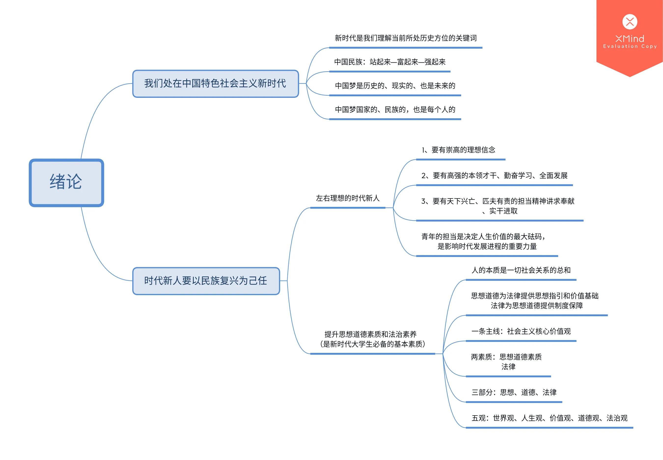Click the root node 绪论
pyautogui.click(x=66, y=182)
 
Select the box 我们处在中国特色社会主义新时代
pyautogui.click(x=215, y=84)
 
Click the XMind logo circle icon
pyautogui.click(x=630, y=22)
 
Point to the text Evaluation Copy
pyautogui.click(x=630, y=46)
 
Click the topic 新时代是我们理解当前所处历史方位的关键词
pyautogui.click(x=405, y=38)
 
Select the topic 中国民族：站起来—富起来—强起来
pyautogui.click(x=390, y=62)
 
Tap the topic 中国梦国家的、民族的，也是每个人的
pyautogui.click(x=395, y=110)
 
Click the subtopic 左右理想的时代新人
pyautogui.click(x=348, y=198)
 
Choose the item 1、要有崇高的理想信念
pyautogui.click(x=458, y=150)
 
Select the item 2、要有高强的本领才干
pyautogui.click(x=494, y=175)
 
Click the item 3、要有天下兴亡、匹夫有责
pyautogui.click(x=498, y=206)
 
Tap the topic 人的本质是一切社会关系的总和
pyautogui.click(x=521, y=270)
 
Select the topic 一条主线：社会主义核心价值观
pyautogui.click(x=521, y=331)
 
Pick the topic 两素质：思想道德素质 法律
pyautogui.click(x=506, y=362)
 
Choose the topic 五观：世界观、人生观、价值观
pyautogui.click(x=549, y=418)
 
